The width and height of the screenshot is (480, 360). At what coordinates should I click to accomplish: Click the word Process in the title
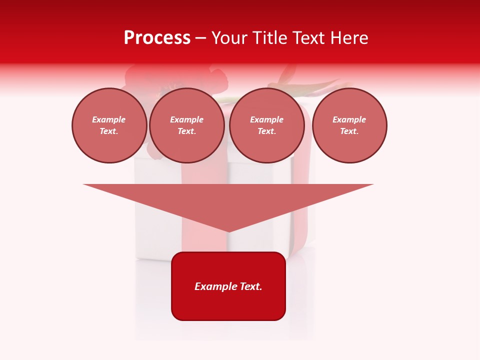coord(157,38)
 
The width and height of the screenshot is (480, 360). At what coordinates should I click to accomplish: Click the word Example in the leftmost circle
coord(109,120)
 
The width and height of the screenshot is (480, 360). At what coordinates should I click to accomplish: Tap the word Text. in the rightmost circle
coord(349,131)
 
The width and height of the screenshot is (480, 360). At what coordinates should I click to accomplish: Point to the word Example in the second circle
coord(187,120)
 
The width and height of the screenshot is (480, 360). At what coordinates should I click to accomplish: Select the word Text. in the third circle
coord(267,131)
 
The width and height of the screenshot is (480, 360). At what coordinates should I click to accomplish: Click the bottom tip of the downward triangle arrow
coord(228,230)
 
